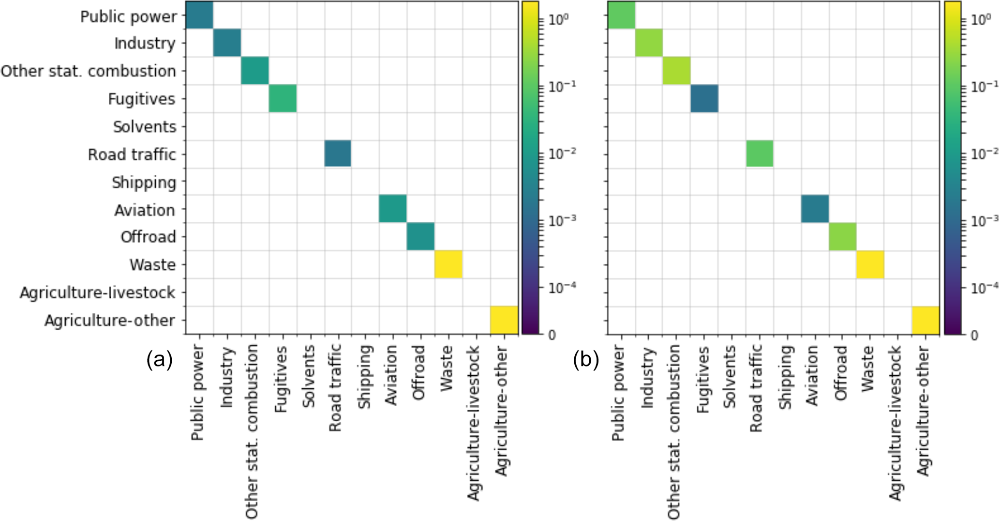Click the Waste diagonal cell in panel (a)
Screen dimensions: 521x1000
(x=448, y=264)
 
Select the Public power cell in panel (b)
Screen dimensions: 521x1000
(x=621, y=15)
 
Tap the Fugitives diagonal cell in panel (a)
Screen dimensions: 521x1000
(x=283, y=98)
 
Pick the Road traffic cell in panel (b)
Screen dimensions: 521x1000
(x=760, y=153)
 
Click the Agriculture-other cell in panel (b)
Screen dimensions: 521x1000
(x=925, y=320)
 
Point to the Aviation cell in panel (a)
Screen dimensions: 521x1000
(x=392, y=209)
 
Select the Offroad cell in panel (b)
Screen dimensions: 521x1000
(x=843, y=237)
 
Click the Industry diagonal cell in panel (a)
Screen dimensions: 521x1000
(x=227, y=43)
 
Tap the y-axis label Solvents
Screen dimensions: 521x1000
(x=145, y=127)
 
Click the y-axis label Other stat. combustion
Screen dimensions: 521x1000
(x=89, y=71)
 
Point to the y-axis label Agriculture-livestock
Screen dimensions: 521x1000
(x=97, y=293)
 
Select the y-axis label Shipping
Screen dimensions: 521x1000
(x=144, y=183)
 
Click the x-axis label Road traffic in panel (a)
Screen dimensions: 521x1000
(x=335, y=388)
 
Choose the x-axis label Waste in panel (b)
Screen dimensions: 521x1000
(x=867, y=368)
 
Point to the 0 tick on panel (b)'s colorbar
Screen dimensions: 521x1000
(x=974, y=335)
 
